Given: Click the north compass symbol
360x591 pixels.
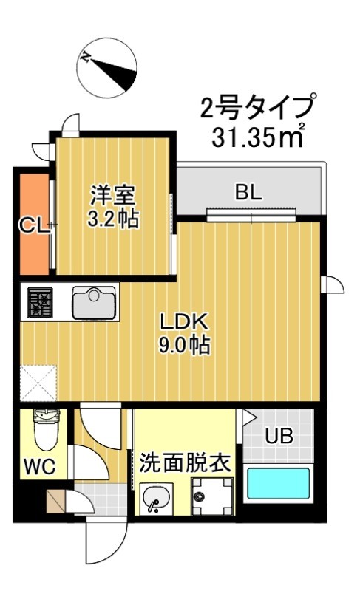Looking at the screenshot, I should point(107,67).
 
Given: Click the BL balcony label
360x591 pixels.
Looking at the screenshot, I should point(248,192).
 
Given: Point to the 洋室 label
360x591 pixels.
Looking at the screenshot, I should point(113,197).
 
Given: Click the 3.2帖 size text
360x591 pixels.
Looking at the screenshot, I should point(113,219).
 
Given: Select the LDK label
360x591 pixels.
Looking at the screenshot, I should point(187,322).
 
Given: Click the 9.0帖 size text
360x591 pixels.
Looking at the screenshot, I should point(187,345).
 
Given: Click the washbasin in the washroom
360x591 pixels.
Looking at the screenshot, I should point(154,499).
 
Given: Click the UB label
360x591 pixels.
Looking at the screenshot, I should point(279,437).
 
